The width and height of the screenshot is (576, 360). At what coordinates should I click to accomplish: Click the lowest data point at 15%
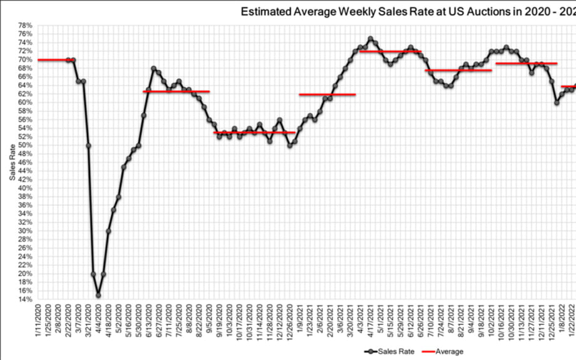point(98,296)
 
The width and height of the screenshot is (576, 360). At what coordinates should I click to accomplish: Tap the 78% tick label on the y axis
point(24,26)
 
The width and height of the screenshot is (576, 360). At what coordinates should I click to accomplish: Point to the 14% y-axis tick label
point(24,299)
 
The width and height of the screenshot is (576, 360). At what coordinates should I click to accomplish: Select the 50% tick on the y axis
point(24,145)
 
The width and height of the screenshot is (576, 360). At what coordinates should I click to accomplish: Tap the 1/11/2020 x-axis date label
point(39,322)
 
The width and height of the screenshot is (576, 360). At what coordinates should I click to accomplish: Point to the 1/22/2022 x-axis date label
point(571,322)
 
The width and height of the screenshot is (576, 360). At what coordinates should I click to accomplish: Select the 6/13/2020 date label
point(149,322)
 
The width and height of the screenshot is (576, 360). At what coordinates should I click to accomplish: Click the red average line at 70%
point(54,60)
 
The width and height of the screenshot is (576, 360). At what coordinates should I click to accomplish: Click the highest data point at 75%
point(370,39)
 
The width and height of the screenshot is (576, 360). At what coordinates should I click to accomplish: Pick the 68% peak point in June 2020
point(153,68)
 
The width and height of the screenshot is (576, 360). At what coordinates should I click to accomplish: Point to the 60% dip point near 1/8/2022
point(557,103)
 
